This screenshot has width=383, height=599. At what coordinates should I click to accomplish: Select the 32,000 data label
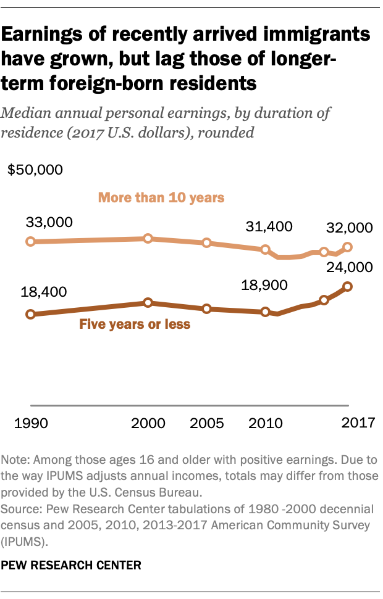[x=350, y=228]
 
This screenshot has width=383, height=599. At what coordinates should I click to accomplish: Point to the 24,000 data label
[x=350, y=267]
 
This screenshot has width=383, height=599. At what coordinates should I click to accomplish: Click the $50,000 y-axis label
[x=35, y=170]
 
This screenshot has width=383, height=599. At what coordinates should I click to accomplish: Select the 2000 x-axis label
[x=148, y=424]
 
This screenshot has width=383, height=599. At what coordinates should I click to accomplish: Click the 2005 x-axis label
[x=208, y=424]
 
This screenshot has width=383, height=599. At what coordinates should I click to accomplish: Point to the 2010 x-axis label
[x=266, y=424]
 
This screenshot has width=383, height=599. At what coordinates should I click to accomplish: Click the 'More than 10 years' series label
[x=161, y=198]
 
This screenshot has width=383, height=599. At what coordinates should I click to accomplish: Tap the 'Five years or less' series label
[x=134, y=324]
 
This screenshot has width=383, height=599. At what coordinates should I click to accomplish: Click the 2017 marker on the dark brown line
[x=348, y=286]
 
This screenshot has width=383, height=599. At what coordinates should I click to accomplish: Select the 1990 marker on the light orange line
[x=30, y=241]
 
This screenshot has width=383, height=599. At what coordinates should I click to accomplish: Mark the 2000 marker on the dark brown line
[x=148, y=302]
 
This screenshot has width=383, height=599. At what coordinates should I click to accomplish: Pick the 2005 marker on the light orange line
[x=207, y=242]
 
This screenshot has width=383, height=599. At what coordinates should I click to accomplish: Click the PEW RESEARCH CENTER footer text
[x=71, y=564]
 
